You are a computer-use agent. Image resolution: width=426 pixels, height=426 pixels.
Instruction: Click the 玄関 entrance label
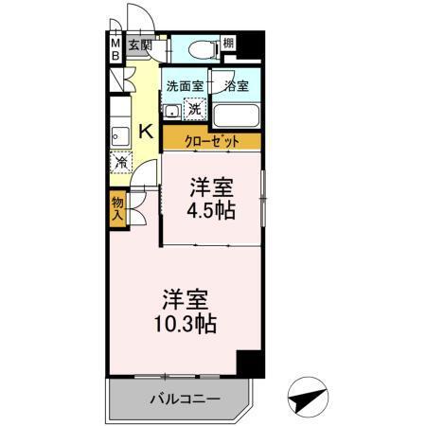140,44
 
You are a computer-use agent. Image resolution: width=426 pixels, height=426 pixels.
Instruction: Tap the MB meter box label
115,48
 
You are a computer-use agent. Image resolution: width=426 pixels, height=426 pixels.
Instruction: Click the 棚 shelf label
227,44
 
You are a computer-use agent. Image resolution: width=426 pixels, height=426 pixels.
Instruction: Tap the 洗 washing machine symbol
193,109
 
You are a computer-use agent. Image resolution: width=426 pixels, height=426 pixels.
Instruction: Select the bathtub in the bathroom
238,115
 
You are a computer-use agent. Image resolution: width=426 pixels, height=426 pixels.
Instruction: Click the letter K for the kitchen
147,132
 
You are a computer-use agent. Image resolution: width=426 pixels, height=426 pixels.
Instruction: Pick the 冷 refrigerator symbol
122,163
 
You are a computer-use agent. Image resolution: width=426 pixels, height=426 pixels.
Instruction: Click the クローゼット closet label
210,141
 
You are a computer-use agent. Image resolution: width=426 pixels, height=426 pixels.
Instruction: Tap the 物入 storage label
116,207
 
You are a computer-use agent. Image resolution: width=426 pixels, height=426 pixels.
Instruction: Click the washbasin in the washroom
172,111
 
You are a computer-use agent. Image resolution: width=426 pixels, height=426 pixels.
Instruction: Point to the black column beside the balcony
248,363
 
